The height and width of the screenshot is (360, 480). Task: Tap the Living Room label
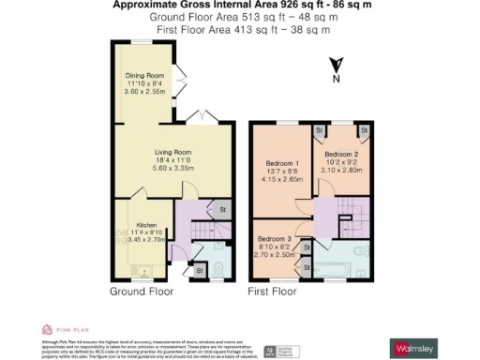point(173,152)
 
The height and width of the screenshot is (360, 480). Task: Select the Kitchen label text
point(145,226)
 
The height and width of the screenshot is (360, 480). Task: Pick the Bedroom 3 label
point(275,239)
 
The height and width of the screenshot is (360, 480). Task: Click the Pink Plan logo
point(60,329)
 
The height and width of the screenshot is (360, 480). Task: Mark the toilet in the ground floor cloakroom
point(215,271)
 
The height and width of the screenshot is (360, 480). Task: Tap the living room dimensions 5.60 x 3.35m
point(173,168)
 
